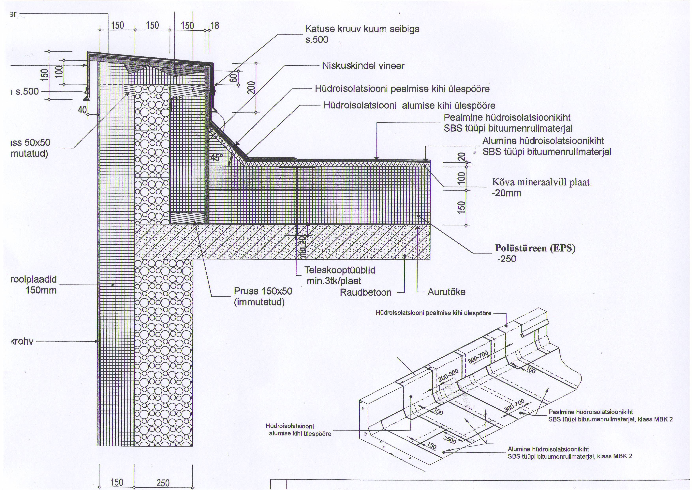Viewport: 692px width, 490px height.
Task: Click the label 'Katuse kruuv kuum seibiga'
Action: [362, 29]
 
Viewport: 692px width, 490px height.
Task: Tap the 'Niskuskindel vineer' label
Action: [363, 66]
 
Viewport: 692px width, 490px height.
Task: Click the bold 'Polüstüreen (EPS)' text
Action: [535, 248]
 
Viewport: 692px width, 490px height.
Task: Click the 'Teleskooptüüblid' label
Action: [340, 270]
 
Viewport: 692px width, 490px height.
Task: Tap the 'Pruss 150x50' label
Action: [263, 291]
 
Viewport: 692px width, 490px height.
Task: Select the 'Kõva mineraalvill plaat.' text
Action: [542, 182]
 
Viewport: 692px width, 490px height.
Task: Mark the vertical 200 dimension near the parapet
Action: [251, 88]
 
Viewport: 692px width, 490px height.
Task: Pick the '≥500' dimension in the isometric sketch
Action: [449, 440]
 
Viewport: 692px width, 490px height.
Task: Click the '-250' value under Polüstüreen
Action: [507, 259]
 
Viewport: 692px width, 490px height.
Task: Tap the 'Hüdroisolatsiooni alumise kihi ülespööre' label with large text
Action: [409, 106]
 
